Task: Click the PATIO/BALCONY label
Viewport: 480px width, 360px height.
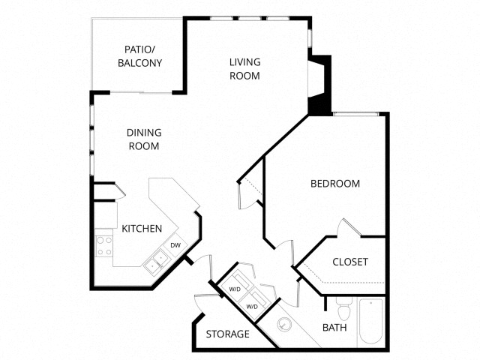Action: pos(139,57)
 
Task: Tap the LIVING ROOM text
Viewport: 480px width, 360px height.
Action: pos(244,69)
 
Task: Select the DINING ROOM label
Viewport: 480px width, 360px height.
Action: pos(144,139)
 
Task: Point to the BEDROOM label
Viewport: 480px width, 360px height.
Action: pos(335,184)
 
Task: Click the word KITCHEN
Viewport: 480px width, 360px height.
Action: pos(142,228)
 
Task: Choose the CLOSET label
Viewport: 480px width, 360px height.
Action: pos(350,262)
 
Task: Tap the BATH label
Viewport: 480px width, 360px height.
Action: pos(334,327)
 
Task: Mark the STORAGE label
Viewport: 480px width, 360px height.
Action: pos(228,334)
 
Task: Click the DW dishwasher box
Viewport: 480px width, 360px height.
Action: pos(175,245)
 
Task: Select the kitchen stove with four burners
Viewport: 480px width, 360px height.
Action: pos(103,246)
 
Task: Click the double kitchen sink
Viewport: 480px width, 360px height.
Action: pos(156,261)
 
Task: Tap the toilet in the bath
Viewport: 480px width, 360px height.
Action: pos(343,308)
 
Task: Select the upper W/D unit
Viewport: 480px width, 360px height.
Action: pos(235,289)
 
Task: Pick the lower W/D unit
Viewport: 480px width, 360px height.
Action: pos(253,306)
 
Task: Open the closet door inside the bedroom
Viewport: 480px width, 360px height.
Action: pos(347,227)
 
